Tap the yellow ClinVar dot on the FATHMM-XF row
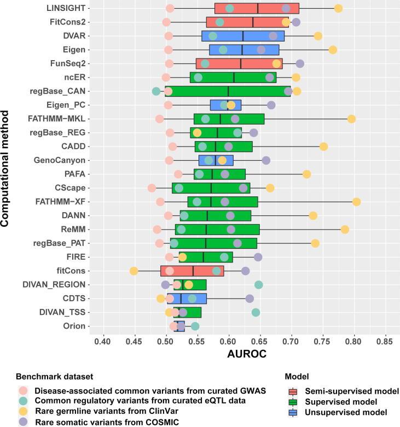(x=356, y=202)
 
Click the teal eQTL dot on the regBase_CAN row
(x=156, y=91)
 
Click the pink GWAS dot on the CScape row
(x=152, y=188)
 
